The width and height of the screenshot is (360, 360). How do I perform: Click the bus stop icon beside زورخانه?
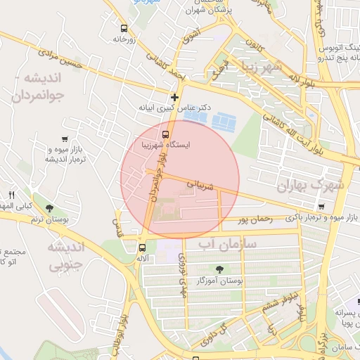click(x=124, y=29)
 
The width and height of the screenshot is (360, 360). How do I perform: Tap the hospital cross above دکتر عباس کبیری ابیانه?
click(x=174, y=97)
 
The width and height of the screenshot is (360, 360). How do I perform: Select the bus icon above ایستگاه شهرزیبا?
click(x=166, y=135)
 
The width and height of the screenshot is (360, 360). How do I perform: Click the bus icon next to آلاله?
click(x=142, y=247)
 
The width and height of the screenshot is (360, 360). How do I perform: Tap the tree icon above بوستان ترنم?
click(x=49, y=208)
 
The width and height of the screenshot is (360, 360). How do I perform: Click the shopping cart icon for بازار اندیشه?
click(x=65, y=139)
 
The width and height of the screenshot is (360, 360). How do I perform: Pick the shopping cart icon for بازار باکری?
click(x=321, y=207)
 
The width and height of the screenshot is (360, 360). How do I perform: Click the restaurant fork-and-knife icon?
click(x=11, y=195)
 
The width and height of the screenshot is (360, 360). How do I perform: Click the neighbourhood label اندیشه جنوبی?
click(x=66, y=256)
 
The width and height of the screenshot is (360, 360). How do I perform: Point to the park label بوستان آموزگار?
click(x=221, y=281)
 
